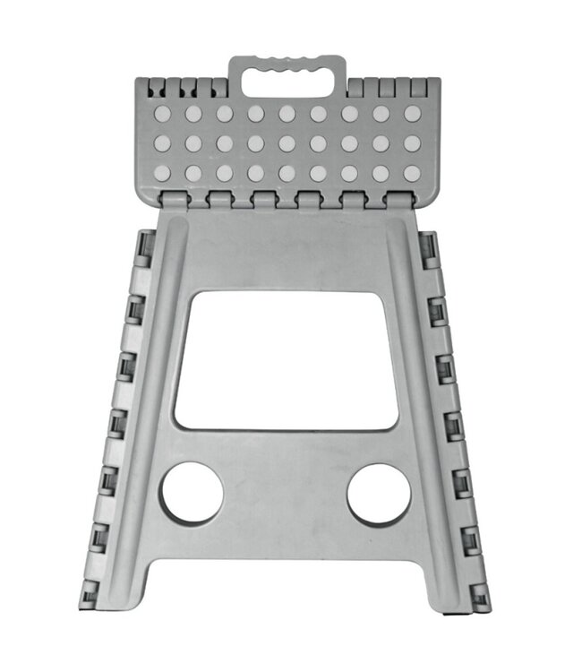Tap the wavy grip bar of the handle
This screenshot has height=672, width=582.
point(287,64)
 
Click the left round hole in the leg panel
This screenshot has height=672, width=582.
point(192,494)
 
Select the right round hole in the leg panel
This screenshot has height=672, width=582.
point(379,494)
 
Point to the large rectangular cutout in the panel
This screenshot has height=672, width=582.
point(286,359)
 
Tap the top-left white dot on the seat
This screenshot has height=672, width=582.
point(162,114)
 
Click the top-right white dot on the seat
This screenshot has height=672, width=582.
point(412,114)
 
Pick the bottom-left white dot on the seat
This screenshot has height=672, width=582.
point(162,173)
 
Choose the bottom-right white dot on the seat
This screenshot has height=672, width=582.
point(412,173)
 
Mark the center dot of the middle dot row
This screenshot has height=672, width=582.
point(287,143)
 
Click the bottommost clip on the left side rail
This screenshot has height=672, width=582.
point(90,592)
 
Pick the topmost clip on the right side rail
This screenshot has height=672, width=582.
point(428,246)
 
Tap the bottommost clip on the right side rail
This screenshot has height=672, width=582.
point(481,592)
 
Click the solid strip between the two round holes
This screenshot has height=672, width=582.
point(286,494)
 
